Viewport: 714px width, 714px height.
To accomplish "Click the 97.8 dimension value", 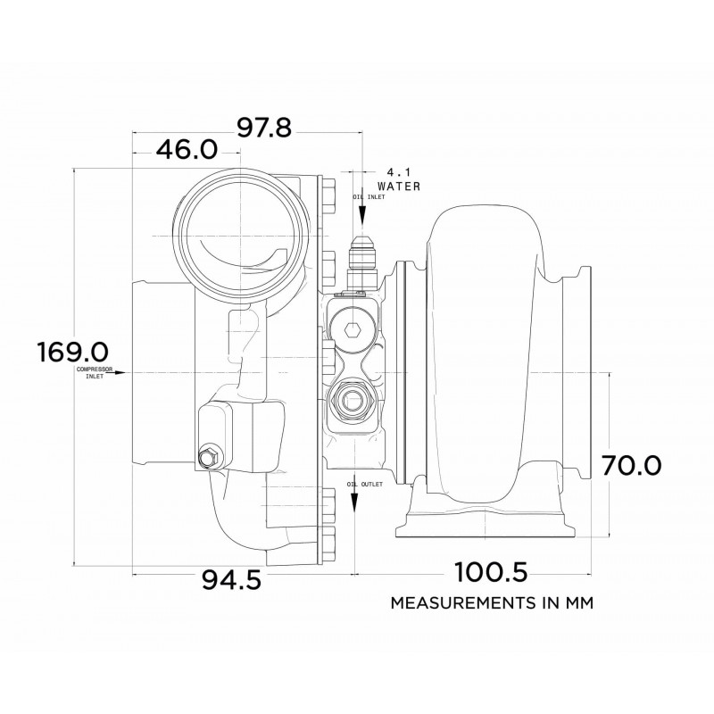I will pyautogui.click(x=265, y=129).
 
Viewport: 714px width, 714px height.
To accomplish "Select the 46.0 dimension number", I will pyautogui.click(x=187, y=149).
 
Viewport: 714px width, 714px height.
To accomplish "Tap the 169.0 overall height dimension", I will pyautogui.click(x=72, y=352).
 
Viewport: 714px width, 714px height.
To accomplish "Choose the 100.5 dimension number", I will pyautogui.click(x=491, y=571).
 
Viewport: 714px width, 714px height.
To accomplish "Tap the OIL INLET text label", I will pyautogui.click(x=369, y=196).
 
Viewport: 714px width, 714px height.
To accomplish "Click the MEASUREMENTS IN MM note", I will pyautogui.click(x=492, y=602).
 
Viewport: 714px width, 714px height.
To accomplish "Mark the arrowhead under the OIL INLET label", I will pyautogui.click(x=362, y=217).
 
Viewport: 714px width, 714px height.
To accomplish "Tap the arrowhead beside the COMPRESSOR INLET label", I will pyautogui.click(x=127, y=372).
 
